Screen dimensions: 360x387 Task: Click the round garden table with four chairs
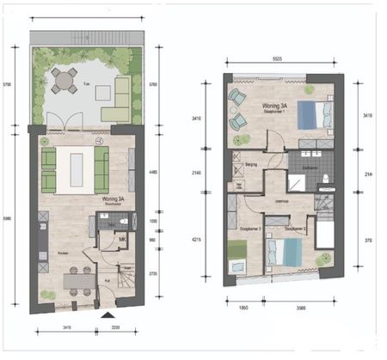pyautogui.click(x=63, y=81)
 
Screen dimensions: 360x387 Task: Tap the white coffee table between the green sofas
pyautogui.click(x=75, y=169)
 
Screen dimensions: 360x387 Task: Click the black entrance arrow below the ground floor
pyautogui.click(x=107, y=317)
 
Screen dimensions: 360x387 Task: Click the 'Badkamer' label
pyautogui.click(x=311, y=167)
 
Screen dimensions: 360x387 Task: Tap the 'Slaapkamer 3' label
pyautogui.click(x=250, y=229)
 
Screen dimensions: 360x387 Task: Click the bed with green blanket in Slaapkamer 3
pyautogui.click(x=238, y=256)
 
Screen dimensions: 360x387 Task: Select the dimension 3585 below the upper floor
pyautogui.click(x=295, y=306)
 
